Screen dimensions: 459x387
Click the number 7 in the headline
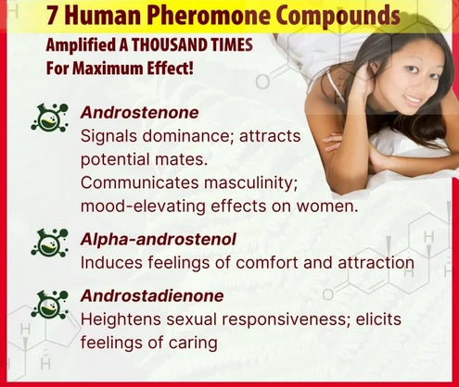click(52, 16)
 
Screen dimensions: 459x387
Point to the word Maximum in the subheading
click(109, 68)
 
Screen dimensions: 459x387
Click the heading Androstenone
click(139, 112)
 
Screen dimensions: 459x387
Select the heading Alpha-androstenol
click(159, 240)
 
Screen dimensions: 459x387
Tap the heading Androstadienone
click(152, 295)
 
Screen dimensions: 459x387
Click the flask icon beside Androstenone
click(50, 118)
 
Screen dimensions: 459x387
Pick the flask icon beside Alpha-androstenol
click(50, 243)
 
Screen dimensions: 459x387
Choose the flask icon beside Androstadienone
click(50, 305)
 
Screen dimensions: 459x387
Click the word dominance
click(187, 136)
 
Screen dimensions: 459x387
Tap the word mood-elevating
click(143, 206)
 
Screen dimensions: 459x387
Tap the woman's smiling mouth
click(414, 100)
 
